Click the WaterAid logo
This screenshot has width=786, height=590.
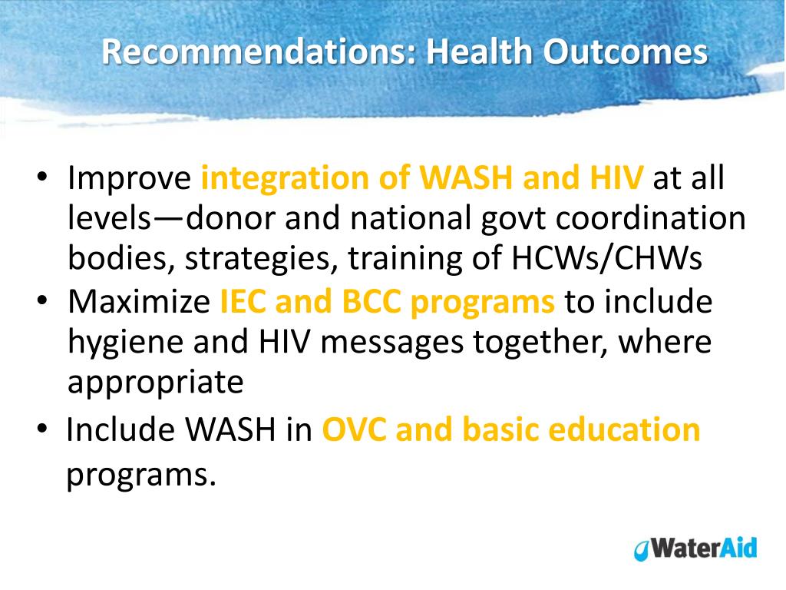[695, 549]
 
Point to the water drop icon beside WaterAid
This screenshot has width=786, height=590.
[640, 550]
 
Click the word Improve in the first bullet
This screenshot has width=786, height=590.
[129, 179]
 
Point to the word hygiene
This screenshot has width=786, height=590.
[125, 343]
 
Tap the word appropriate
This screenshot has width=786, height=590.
[155, 383]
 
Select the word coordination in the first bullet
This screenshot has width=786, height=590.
[651, 219]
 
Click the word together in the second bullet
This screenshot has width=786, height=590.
[533, 342]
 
